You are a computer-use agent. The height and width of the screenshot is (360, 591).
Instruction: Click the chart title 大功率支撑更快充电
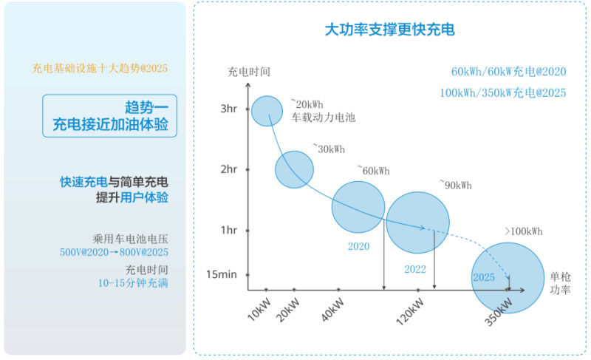point(389,30)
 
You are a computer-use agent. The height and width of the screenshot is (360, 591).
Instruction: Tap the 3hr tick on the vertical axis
point(228,109)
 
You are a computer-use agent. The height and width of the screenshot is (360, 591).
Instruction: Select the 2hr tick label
point(228,169)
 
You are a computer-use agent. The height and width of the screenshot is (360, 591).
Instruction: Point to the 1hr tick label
point(228,229)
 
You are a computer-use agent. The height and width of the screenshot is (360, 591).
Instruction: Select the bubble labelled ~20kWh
point(267,111)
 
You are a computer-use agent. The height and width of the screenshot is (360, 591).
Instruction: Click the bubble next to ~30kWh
point(294,169)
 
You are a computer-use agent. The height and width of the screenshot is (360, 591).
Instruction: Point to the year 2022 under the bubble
point(415,269)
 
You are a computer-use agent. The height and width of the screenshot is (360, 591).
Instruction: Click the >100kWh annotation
point(523,231)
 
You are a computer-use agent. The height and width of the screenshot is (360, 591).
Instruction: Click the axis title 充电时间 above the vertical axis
point(249,72)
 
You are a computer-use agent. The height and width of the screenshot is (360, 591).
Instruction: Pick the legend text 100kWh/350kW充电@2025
point(502,93)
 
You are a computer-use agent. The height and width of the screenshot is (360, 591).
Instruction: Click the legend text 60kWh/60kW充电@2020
point(508,72)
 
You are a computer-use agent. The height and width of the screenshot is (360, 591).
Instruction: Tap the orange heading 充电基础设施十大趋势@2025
point(100,69)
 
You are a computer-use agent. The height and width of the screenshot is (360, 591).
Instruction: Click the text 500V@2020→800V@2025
point(114,252)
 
